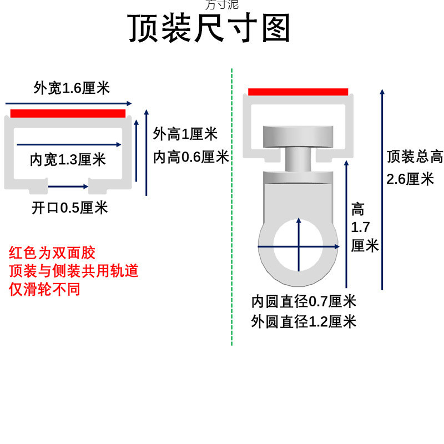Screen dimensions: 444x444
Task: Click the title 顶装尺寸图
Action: click(x=210, y=29)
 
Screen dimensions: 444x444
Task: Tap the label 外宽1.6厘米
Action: click(x=72, y=88)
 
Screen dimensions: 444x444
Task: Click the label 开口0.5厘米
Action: click(x=69, y=208)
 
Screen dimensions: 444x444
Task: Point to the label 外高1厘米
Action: click(x=185, y=134)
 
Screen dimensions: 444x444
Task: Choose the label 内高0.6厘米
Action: click(x=191, y=158)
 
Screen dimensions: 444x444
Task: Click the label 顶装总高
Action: click(x=415, y=157)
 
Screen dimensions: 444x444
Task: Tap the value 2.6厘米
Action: click(x=410, y=179)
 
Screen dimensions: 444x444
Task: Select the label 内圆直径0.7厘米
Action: click(x=304, y=302)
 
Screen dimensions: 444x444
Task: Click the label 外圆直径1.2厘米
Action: click(x=304, y=321)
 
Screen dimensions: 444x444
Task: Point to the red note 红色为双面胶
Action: click(x=52, y=253)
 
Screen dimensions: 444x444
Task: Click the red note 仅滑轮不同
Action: click(x=44, y=289)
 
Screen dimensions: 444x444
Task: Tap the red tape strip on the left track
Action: click(x=68, y=114)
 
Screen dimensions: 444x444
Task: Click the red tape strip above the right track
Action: click(x=298, y=92)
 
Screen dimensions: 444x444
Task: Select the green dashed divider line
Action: click(x=231, y=222)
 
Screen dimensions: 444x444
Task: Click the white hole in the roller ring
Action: click(x=299, y=245)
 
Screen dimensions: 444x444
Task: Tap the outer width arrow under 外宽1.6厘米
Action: click(x=69, y=103)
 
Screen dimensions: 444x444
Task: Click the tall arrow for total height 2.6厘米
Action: click(x=382, y=189)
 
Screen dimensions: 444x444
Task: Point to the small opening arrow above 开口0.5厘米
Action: click(x=68, y=186)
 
